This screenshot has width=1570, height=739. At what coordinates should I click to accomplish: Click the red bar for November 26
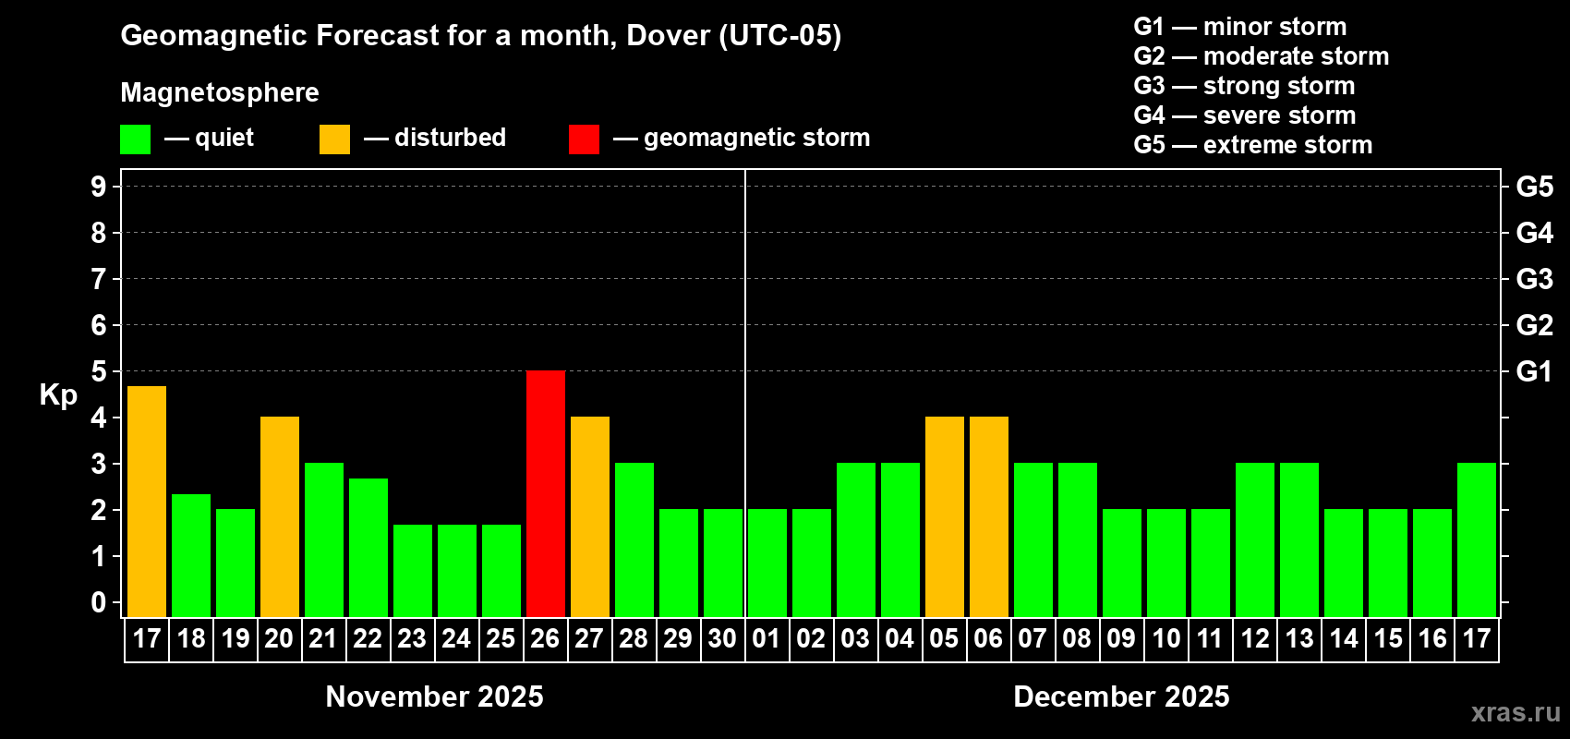(546, 493)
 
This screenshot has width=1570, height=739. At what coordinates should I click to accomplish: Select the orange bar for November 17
(147, 502)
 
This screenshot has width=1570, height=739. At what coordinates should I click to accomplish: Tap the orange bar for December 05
(945, 516)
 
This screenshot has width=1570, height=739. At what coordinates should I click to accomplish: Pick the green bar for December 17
(1477, 539)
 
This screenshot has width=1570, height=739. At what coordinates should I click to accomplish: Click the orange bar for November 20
(280, 516)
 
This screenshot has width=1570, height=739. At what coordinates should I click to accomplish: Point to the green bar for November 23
(413, 570)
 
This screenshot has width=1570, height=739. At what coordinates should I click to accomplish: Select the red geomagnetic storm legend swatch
(584, 139)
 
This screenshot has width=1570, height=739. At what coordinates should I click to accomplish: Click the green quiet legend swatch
(136, 139)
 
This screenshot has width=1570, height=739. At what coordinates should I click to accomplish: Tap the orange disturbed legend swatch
(334, 139)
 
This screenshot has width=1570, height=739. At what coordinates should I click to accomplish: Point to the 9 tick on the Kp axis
(99, 187)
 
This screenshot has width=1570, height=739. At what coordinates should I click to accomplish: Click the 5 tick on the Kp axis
(99, 371)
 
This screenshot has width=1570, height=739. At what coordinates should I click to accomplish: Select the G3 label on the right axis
(1534, 279)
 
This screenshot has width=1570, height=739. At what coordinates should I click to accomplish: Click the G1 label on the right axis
(1534, 371)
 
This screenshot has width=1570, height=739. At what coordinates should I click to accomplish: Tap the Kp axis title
(58, 395)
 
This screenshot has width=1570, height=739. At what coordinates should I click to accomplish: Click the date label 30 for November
(722, 639)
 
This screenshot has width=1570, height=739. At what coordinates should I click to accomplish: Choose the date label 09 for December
(1121, 639)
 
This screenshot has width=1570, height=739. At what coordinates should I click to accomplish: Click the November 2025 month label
(435, 697)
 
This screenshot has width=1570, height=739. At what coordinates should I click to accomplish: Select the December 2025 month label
(1121, 697)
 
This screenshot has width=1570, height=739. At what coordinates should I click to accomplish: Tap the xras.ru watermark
(1516, 712)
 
